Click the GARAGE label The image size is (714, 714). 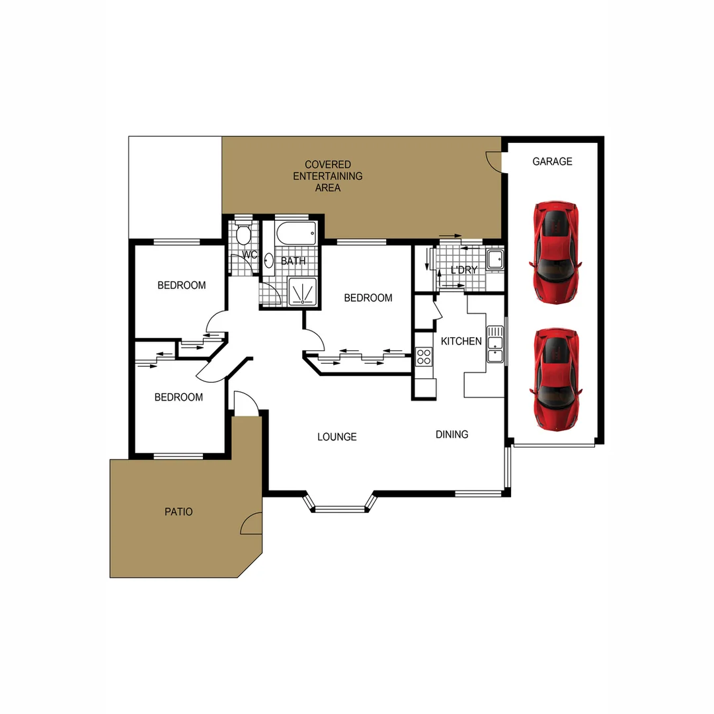point(552,161)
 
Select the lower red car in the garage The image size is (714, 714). point(555,378)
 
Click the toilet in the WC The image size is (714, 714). point(243,233)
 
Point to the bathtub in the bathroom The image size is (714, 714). point(296,233)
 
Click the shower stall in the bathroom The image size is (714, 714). point(302,292)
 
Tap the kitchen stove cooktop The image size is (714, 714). point(424,357)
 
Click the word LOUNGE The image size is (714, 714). point(337,437)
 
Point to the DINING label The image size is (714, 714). point(452,434)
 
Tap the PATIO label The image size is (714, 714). point(178,512)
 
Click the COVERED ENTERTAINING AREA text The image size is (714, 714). point(328,176)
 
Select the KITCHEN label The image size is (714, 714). point(461,341)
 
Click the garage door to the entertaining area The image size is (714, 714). point(495,161)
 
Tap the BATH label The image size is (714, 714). point(293,261)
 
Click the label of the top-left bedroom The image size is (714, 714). point(181,286)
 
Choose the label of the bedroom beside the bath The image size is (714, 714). point(368,298)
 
